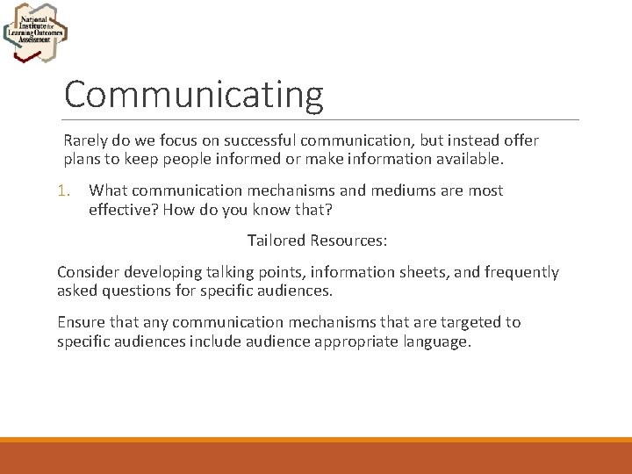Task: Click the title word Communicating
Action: [x=193, y=95]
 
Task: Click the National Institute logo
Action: [x=35, y=33]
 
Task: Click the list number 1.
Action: [x=62, y=190]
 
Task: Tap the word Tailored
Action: [x=276, y=240]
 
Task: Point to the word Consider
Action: [x=86, y=272]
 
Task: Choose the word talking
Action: [x=229, y=272]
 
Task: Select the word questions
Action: [x=137, y=291]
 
